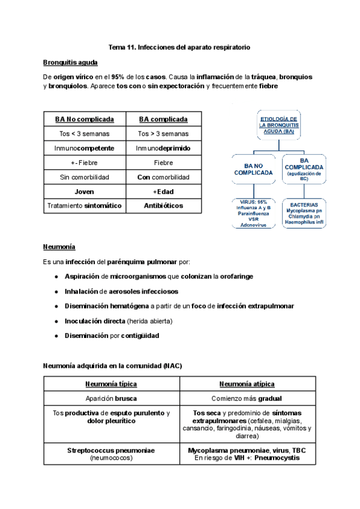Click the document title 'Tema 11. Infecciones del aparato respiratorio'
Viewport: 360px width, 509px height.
coord(179,47)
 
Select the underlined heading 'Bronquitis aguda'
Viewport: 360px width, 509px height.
coord(70,62)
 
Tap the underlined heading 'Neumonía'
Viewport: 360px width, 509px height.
coord(59,247)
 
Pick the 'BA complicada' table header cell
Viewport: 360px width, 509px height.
coord(163,119)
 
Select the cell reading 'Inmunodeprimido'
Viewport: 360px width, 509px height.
coord(163,148)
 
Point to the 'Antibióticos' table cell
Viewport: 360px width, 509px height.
coord(163,206)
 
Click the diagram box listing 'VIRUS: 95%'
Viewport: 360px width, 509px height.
coord(254,213)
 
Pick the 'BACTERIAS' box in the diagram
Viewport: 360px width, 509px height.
coord(304,213)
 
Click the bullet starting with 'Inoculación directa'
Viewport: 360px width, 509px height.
coord(118,321)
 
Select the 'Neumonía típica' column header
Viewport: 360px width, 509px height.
coord(111,384)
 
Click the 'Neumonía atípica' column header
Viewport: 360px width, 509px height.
coord(247,384)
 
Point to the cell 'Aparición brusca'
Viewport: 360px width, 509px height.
coord(111,399)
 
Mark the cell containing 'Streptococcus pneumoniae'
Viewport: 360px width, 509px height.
coord(111,453)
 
